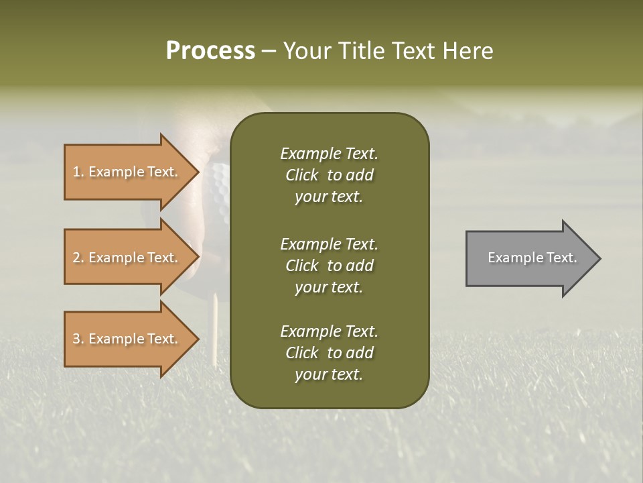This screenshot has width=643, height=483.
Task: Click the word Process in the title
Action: [210, 51]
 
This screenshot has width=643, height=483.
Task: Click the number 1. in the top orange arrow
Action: [78, 172]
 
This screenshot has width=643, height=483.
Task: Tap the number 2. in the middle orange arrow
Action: [78, 258]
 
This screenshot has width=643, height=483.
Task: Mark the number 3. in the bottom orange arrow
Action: [78, 339]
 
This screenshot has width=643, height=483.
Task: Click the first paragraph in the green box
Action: [329, 175]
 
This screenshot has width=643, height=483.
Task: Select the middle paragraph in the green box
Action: [329, 266]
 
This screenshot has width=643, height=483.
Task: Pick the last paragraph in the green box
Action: [329, 353]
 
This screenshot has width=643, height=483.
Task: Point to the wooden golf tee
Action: [216, 329]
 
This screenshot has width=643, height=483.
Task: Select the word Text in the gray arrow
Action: [562, 258]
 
